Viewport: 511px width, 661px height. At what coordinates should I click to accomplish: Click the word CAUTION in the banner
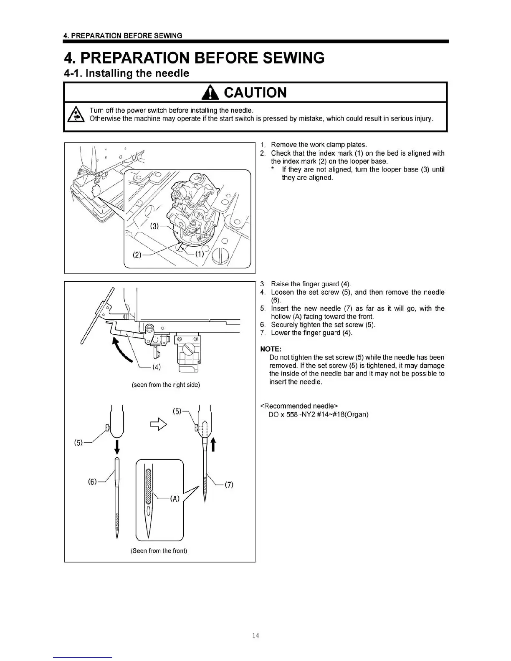255,92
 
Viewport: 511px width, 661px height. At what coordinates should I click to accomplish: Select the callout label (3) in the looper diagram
155,226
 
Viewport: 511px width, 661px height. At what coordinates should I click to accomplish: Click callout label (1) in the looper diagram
200,254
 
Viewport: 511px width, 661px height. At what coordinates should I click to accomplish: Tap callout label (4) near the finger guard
157,367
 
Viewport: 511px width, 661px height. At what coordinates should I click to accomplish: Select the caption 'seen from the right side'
166,384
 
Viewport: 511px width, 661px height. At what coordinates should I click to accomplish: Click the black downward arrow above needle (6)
117,446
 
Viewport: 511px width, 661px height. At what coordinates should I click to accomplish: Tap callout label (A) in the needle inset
174,499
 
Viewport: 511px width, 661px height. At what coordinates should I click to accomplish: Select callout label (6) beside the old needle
93,482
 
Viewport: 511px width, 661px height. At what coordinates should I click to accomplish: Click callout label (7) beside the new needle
229,484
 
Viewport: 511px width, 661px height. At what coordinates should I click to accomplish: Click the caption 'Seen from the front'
159,550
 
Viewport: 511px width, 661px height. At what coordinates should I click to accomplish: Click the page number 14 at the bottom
255,636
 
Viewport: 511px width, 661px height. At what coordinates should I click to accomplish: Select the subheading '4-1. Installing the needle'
126,73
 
